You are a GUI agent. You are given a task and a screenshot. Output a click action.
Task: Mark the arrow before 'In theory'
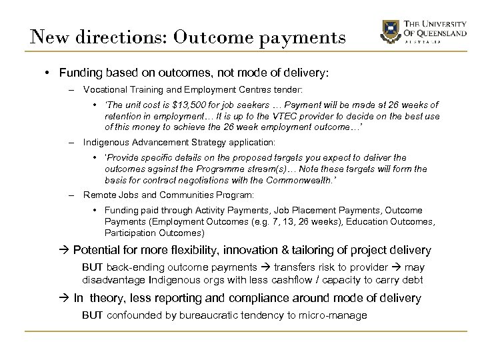[x=65, y=297]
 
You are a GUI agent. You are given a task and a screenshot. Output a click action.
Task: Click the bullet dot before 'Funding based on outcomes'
[x=50, y=72]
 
